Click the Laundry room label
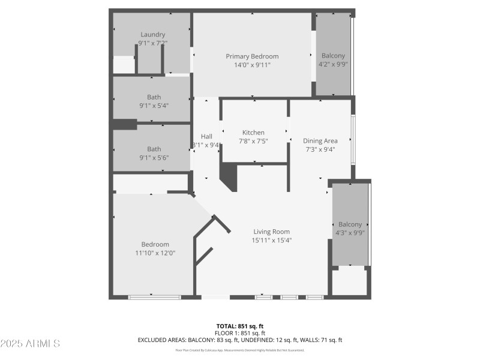point(152,35)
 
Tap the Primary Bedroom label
point(252,56)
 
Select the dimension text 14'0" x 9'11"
point(252,65)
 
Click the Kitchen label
point(253,133)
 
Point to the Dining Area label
point(320,141)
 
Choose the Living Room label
point(272,232)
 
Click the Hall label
point(206,136)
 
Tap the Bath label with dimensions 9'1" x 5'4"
point(154,97)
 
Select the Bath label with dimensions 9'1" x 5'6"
point(154,149)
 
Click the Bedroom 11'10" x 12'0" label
point(155,244)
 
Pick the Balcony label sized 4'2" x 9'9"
point(333,55)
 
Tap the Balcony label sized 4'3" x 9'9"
point(350,224)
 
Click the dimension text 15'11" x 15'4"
point(272,240)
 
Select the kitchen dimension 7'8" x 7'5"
point(253,141)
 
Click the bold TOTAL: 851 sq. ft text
point(240,326)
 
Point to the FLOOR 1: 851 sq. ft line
point(240,333)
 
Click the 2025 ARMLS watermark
point(30,344)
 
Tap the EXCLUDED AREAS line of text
point(240,340)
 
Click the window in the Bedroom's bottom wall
point(155,296)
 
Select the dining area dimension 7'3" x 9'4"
point(320,149)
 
